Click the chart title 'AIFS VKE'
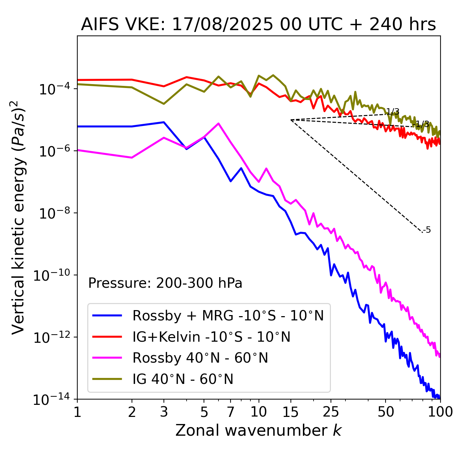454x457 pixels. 258,24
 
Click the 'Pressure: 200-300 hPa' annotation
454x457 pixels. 165,283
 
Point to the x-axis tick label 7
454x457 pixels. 231,412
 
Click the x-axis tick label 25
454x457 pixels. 331,412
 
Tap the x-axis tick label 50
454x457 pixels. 386,412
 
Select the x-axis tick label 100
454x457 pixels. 440,412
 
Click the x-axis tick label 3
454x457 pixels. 164,412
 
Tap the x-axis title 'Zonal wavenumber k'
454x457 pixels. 258,430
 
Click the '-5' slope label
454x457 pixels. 427,230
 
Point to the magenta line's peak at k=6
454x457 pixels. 218,123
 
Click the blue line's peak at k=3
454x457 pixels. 164,122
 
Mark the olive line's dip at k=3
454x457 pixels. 164,104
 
